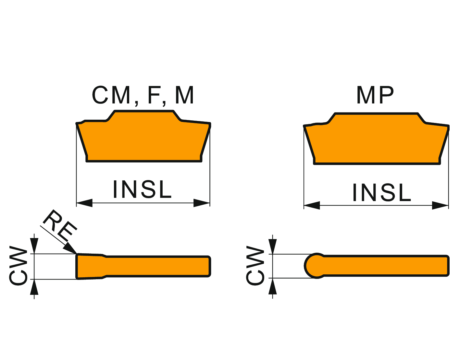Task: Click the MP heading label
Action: coord(375,95)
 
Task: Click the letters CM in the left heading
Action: coord(111,95)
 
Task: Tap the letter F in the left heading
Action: coord(155,95)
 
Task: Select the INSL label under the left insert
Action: coord(142,189)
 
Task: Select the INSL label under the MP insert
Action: coord(382,193)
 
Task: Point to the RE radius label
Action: coord(60,224)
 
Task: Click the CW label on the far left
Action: coord(19,266)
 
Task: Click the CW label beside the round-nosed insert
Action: coord(255,266)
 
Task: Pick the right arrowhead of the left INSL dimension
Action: coord(202,203)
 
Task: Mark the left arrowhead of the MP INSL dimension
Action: coord(312,205)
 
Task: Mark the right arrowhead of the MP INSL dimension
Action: coord(440,205)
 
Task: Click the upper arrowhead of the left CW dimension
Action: coord(34,246)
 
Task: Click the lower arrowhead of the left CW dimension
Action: coord(34,287)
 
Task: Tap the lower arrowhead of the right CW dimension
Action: coord(273,286)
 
